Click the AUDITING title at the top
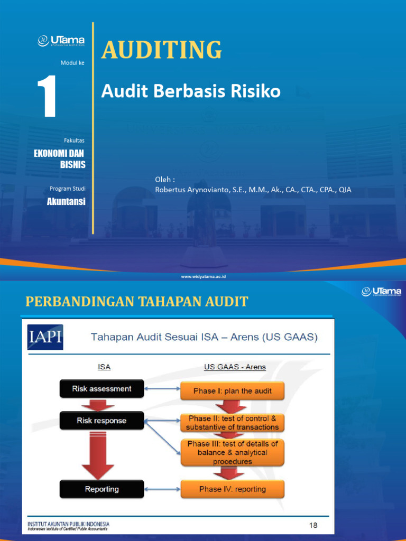(x=161, y=50)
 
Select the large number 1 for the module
(x=47, y=97)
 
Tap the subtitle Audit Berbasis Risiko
(x=190, y=92)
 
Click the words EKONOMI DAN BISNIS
(x=60, y=158)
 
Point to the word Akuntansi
(x=66, y=201)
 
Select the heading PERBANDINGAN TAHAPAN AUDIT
(x=137, y=302)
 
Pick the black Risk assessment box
(x=102, y=389)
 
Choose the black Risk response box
(x=102, y=421)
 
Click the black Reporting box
(x=102, y=489)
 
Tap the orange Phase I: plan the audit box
(x=232, y=391)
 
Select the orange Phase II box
(x=233, y=423)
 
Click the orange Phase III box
(x=233, y=452)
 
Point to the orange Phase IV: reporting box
(x=233, y=489)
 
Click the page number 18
(x=314, y=525)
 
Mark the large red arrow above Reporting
(x=98, y=454)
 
